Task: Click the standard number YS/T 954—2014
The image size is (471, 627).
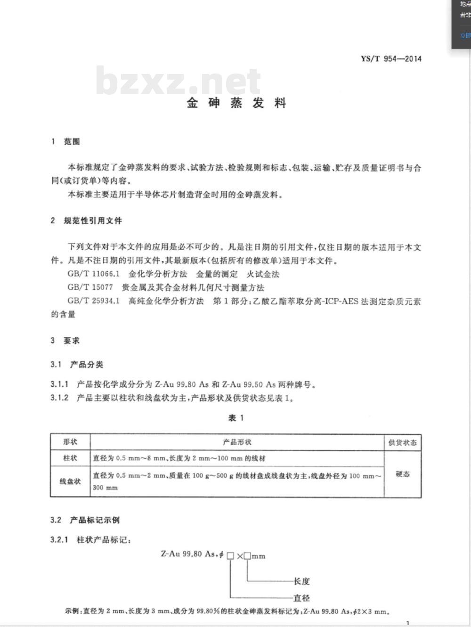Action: [391, 59]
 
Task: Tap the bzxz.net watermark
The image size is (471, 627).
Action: [178, 81]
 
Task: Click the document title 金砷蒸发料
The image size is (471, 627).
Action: [236, 103]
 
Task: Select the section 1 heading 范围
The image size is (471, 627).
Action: [72, 141]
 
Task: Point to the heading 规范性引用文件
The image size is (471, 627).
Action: [93, 220]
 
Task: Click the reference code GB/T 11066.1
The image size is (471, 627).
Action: [94, 274]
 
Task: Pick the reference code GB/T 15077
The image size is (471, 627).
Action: [90, 287]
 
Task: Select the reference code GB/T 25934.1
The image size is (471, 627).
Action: [94, 301]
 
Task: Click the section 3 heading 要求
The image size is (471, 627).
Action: [72, 340]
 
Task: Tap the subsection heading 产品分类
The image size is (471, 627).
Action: [87, 364]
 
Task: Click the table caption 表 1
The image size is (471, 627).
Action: [236, 418]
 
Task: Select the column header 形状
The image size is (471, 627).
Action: [70, 442]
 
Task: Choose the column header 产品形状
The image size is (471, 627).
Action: [237, 442]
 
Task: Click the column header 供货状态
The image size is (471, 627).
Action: [402, 442]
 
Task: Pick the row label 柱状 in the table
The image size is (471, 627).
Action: [70, 458]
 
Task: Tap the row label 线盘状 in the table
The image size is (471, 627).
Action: [70, 481]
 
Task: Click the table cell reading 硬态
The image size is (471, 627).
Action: [402, 474]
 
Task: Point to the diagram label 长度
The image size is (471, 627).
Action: [301, 581]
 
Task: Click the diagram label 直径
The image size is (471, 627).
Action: [301, 598]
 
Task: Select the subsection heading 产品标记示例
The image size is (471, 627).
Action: [95, 520]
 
